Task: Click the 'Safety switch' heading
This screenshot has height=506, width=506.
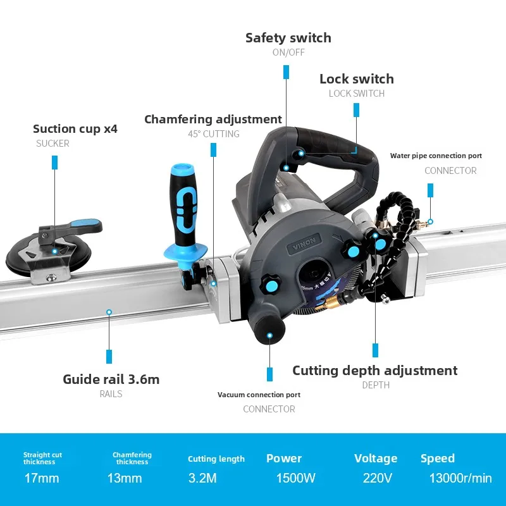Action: click(288, 38)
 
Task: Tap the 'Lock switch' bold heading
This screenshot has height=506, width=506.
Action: click(357, 78)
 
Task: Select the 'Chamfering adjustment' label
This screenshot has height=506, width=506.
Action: click(213, 119)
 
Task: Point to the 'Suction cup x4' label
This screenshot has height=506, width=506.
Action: click(75, 129)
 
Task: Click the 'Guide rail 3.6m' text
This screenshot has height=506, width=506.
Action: click(111, 379)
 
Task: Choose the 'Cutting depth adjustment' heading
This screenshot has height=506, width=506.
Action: click(374, 371)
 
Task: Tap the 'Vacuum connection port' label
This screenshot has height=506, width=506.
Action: click(259, 395)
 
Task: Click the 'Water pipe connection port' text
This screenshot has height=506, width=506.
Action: click(436, 156)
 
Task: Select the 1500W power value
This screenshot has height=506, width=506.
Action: click(295, 478)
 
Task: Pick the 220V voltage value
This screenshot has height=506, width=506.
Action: click(377, 478)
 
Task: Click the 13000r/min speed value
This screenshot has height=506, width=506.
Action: click(460, 478)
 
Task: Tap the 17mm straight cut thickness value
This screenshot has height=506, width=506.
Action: click(42, 478)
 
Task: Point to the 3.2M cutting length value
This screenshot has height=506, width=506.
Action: click(202, 478)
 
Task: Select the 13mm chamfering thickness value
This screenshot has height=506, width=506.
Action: click(125, 478)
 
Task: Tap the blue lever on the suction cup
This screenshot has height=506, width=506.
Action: click(85, 225)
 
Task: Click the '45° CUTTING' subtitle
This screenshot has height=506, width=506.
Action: click(214, 134)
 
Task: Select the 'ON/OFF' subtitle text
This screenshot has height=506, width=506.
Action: click(288, 52)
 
